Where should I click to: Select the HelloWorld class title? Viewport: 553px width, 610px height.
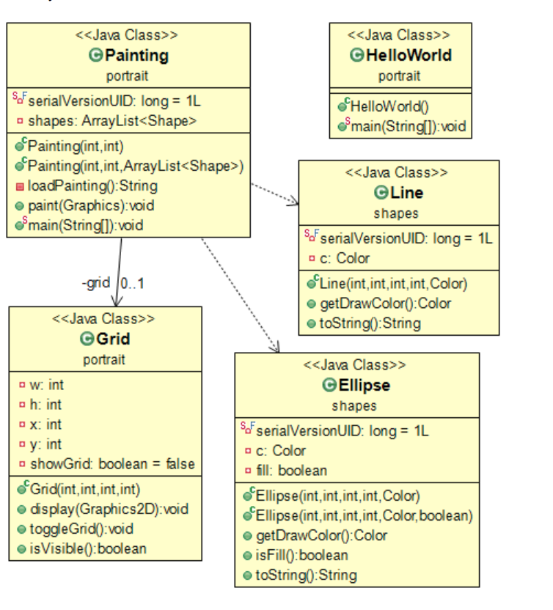(x=409, y=55)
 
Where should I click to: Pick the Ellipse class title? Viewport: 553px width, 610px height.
(x=365, y=385)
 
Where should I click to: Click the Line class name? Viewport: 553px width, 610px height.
(x=407, y=193)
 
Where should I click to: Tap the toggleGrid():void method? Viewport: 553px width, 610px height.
(x=81, y=529)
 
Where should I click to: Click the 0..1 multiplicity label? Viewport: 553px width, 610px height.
(x=133, y=283)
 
